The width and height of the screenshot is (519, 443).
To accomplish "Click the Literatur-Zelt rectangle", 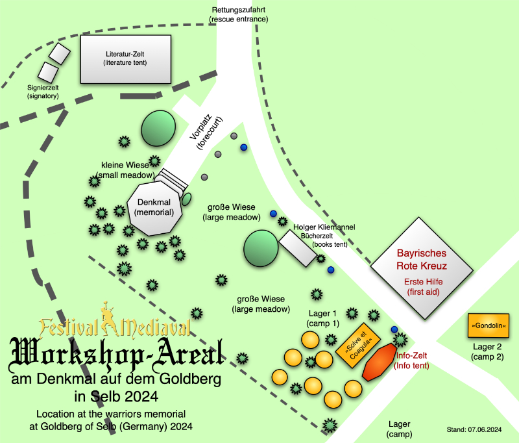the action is (x=126, y=59).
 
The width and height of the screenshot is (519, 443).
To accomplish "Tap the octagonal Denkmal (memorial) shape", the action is (x=154, y=209).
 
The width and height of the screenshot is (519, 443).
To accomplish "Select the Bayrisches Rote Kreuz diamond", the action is (x=422, y=268).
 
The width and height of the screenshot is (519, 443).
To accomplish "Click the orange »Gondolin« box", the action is (x=489, y=325).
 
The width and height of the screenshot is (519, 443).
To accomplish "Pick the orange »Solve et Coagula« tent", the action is (x=358, y=346).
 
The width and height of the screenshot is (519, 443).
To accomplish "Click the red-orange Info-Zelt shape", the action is (x=380, y=362).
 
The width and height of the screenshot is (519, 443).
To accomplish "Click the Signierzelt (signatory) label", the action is (x=43, y=92).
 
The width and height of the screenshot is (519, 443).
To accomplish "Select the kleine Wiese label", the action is (x=125, y=165).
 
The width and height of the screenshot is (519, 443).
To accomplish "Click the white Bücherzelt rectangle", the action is (x=298, y=249).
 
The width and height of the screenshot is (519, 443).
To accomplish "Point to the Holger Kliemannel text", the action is (x=324, y=227).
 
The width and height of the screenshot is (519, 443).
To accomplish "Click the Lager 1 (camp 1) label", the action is (x=322, y=318).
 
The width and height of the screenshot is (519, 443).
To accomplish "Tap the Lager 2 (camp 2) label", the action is (x=487, y=352).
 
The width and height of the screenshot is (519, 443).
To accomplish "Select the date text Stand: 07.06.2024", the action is (x=474, y=430).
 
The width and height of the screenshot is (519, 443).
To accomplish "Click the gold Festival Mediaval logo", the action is (x=115, y=322).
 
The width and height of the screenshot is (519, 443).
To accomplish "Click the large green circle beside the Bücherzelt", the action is (x=261, y=249).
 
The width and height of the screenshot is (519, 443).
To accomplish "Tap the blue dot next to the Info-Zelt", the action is (x=394, y=329).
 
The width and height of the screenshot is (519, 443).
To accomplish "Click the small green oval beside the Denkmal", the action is (x=187, y=199).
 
